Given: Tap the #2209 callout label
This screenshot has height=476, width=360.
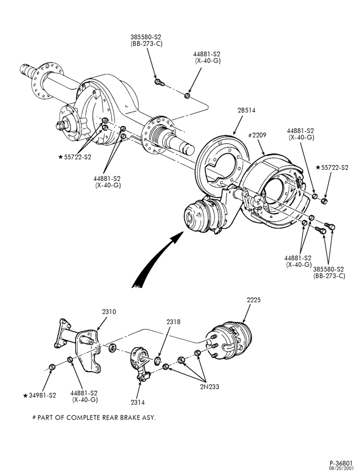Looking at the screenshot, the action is point(257,135).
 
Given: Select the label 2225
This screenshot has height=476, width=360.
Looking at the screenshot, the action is point(254,300).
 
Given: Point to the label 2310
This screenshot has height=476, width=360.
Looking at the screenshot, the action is point(109,312).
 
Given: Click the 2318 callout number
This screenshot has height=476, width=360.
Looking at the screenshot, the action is point(173,322).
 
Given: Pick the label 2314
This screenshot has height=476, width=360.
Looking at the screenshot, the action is point(138,403).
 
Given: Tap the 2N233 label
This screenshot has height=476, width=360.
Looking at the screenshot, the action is point(210,387).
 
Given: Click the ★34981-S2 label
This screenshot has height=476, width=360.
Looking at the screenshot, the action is point(40,396).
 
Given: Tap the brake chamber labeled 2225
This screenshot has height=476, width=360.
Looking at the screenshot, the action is point(230,341).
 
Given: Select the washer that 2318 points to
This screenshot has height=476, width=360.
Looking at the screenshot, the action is point(158,361).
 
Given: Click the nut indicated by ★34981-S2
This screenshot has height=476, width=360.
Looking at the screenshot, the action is point(51,367).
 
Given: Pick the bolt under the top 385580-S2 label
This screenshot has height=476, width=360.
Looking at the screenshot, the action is point(159,82).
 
